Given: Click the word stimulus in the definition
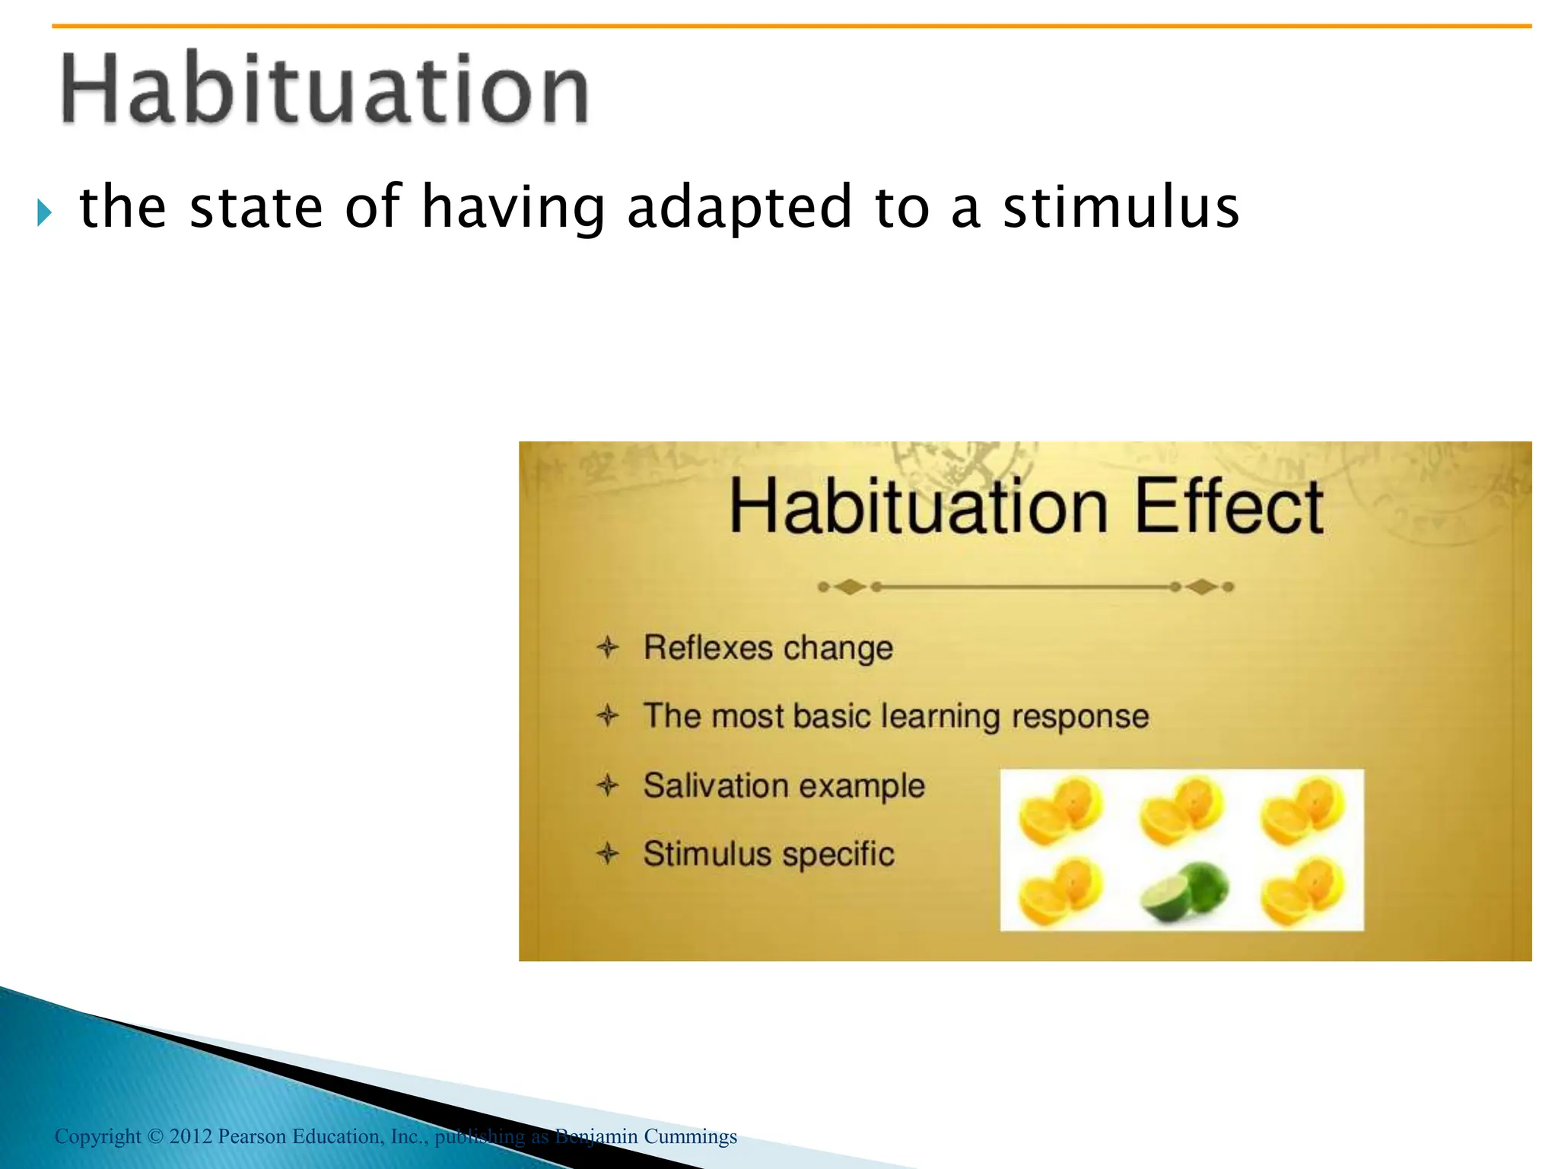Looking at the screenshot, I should tap(1121, 207).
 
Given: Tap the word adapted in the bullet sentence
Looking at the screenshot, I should tap(739, 207).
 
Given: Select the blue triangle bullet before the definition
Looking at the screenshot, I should tap(44, 212).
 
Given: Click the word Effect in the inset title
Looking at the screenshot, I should tap(1228, 507).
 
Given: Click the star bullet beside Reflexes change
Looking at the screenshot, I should tap(608, 648).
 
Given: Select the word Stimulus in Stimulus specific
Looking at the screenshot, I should tap(707, 854).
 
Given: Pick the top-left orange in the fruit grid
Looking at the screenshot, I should tap(1060, 811).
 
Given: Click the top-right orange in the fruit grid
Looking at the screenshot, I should tap(1302, 811).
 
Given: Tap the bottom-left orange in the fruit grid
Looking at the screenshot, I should tap(1060, 892).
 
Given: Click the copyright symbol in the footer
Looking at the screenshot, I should tap(155, 1136).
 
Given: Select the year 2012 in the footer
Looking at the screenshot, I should tap(190, 1136).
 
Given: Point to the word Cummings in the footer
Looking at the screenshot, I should tap(690, 1136).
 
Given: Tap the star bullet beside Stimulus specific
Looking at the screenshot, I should tap(608, 853).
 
